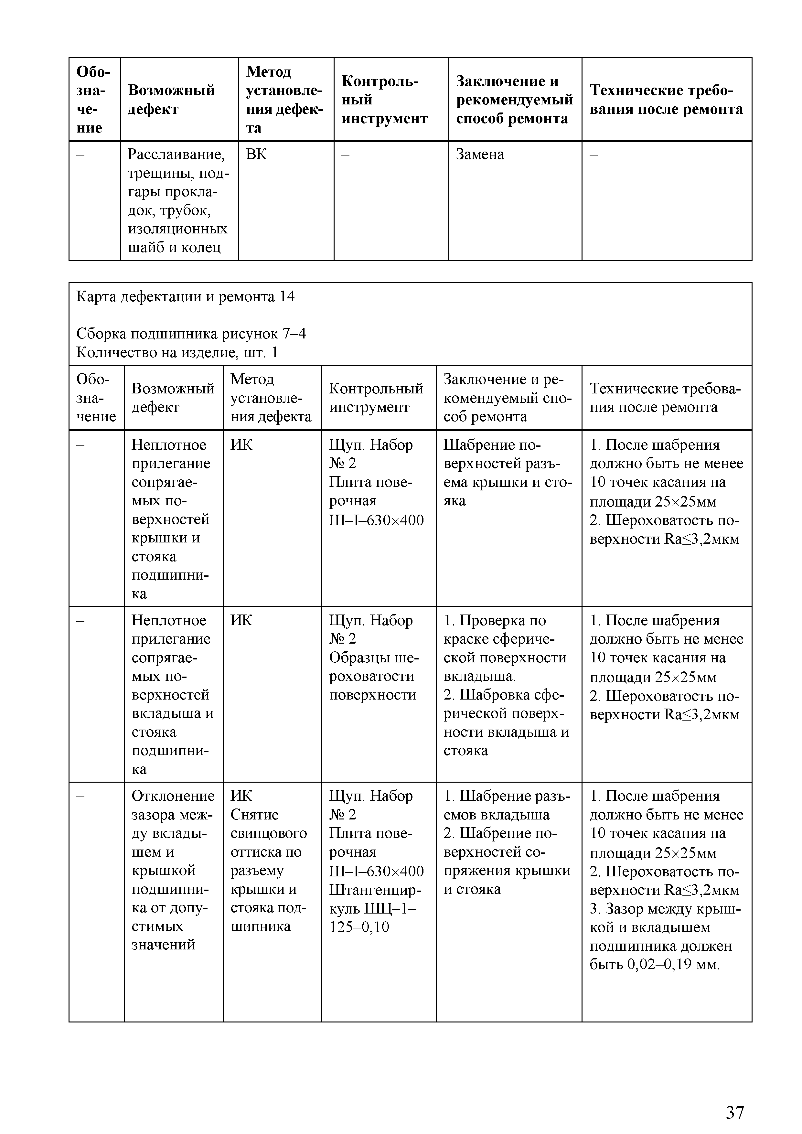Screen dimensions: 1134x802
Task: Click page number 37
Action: [x=735, y=1098]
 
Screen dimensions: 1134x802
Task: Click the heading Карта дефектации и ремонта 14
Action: [x=185, y=296]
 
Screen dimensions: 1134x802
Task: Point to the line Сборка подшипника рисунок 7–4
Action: [x=191, y=334]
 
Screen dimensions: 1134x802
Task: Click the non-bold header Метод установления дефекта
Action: [x=271, y=398]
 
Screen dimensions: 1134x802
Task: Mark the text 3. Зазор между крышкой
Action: [x=665, y=909]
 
